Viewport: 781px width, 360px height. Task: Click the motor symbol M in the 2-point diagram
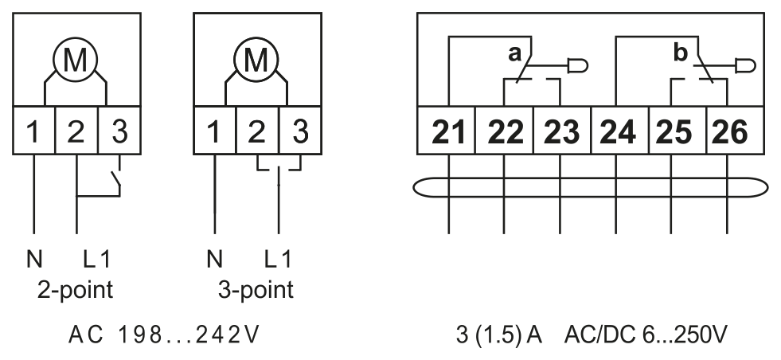click(75, 60)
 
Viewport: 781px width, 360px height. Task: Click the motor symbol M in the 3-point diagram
click(256, 60)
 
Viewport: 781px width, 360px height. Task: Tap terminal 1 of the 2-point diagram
click(33, 131)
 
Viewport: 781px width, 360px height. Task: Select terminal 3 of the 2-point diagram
click(119, 131)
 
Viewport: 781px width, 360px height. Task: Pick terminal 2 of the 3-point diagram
click(257, 131)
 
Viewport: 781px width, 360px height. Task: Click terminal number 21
click(448, 132)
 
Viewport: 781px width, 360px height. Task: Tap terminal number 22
click(505, 132)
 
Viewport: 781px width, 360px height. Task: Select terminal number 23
click(562, 132)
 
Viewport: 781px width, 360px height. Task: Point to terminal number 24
click(618, 132)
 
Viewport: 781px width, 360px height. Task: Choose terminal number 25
click(674, 132)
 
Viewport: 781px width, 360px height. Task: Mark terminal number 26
click(730, 132)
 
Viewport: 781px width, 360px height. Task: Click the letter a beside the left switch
click(514, 53)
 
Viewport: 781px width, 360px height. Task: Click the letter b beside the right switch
click(681, 53)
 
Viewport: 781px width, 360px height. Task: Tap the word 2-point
click(75, 290)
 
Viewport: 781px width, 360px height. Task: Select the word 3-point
click(256, 290)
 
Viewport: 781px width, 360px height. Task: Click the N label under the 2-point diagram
click(34, 260)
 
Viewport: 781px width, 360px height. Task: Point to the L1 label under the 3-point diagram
click(277, 260)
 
